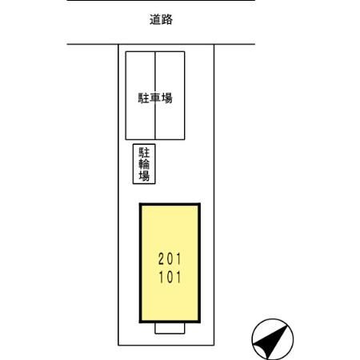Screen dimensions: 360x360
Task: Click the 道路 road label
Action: [161, 19]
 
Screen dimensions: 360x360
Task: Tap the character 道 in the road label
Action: [155, 19]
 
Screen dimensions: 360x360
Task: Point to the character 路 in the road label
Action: [167, 19]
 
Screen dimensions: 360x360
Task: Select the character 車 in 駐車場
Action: [155, 98]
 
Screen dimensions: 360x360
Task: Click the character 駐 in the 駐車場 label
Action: [143, 98]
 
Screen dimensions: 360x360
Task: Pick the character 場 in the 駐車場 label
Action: [167, 98]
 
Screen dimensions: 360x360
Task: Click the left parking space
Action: [140, 95]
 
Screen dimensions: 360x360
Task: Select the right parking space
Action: [170, 95]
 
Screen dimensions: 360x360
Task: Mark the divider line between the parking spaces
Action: [155, 95]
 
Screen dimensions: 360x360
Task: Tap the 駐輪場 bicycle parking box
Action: [144, 164]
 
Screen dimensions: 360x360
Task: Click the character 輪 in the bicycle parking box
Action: [144, 164]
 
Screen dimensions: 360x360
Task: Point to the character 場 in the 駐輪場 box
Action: [144, 176]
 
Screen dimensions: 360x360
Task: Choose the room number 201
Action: [170, 259]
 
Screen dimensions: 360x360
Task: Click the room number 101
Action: [170, 277]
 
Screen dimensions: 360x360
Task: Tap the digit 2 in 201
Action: [162, 259]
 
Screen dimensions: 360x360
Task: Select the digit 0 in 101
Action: [170, 277]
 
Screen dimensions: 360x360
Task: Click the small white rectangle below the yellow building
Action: [170, 328]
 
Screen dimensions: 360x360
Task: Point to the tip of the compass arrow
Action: [288, 325]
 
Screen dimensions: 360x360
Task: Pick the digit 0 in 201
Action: [170, 259]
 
